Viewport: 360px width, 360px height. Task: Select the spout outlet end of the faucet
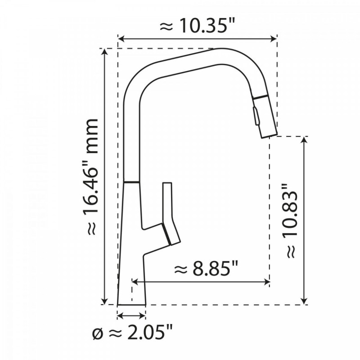click(269, 133)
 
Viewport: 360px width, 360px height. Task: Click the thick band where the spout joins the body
click(131, 182)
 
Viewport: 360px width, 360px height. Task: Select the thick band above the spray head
click(260, 97)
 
